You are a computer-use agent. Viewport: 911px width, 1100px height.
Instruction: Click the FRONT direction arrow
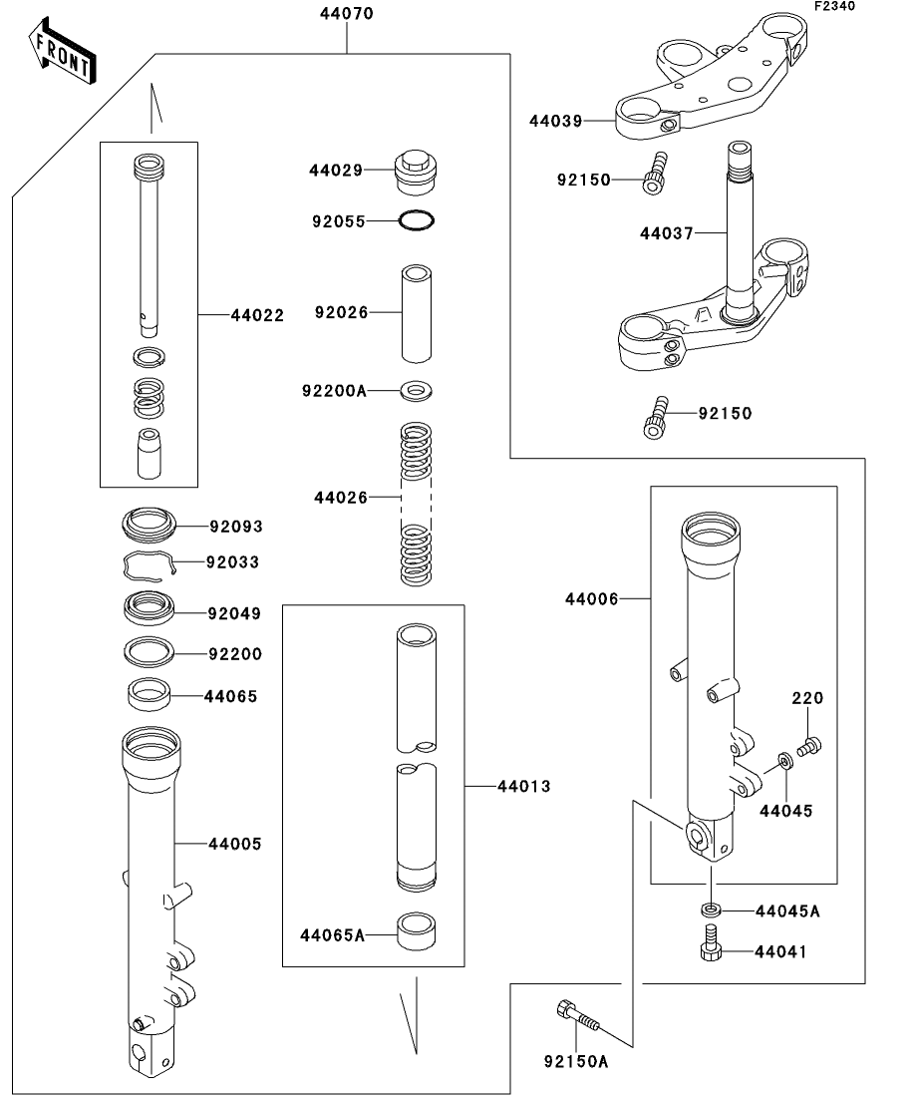(63, 51)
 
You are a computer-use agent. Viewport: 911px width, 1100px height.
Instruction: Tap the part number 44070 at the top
(347, 13)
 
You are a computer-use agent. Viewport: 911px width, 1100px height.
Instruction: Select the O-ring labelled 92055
(416, 221)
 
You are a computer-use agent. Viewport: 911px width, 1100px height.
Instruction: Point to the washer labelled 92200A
(416, 390)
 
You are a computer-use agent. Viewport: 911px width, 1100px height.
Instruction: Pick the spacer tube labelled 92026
(416, 313)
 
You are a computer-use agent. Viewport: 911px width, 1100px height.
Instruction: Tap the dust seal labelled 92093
(149, 525)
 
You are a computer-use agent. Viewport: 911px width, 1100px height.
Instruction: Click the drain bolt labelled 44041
(711, 942)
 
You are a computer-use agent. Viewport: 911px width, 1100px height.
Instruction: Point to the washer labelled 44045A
(711, 910)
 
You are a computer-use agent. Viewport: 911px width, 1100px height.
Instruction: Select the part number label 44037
(666, 233)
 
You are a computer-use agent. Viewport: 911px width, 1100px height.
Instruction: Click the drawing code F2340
(834, 6)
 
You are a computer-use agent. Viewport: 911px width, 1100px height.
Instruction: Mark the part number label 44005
(235, 844)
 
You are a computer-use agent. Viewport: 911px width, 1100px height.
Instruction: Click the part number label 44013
(524, 787)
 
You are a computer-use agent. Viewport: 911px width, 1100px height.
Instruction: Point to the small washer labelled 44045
(785, 761)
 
